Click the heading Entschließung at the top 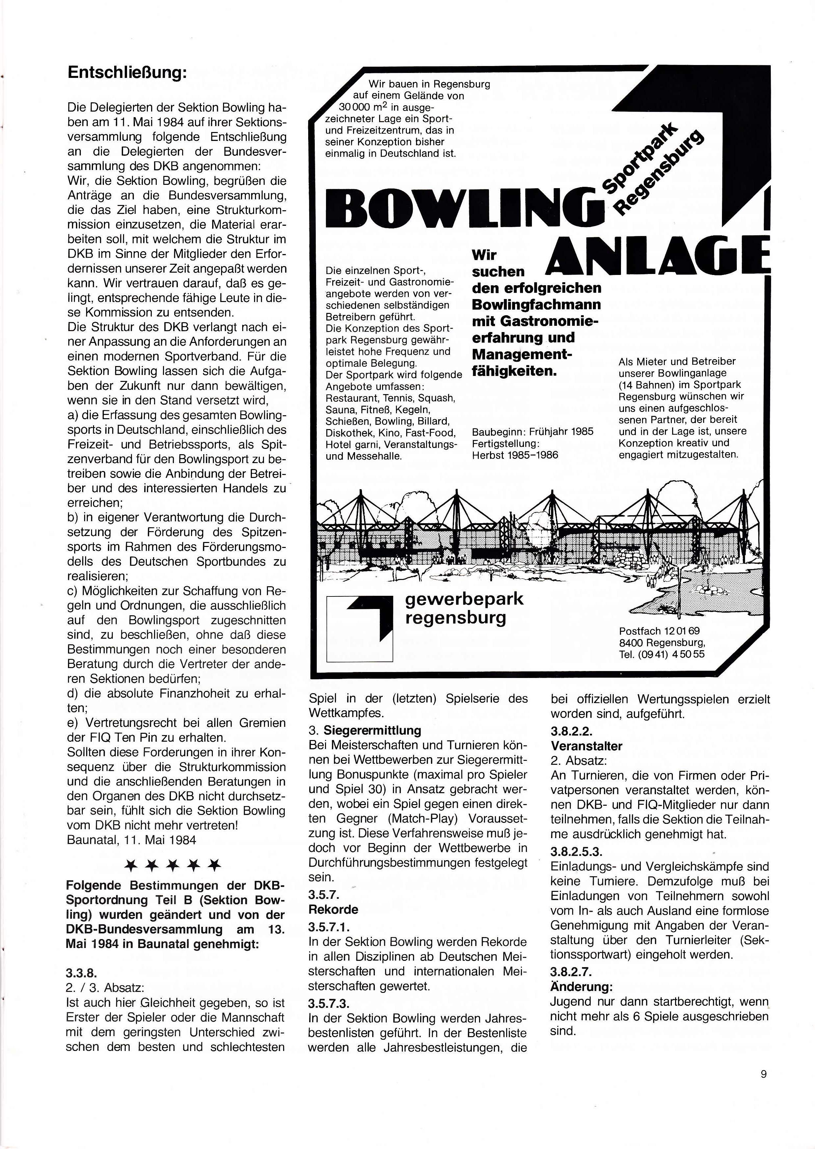tap(127, 73)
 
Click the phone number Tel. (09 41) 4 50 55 tap(662, 654)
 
